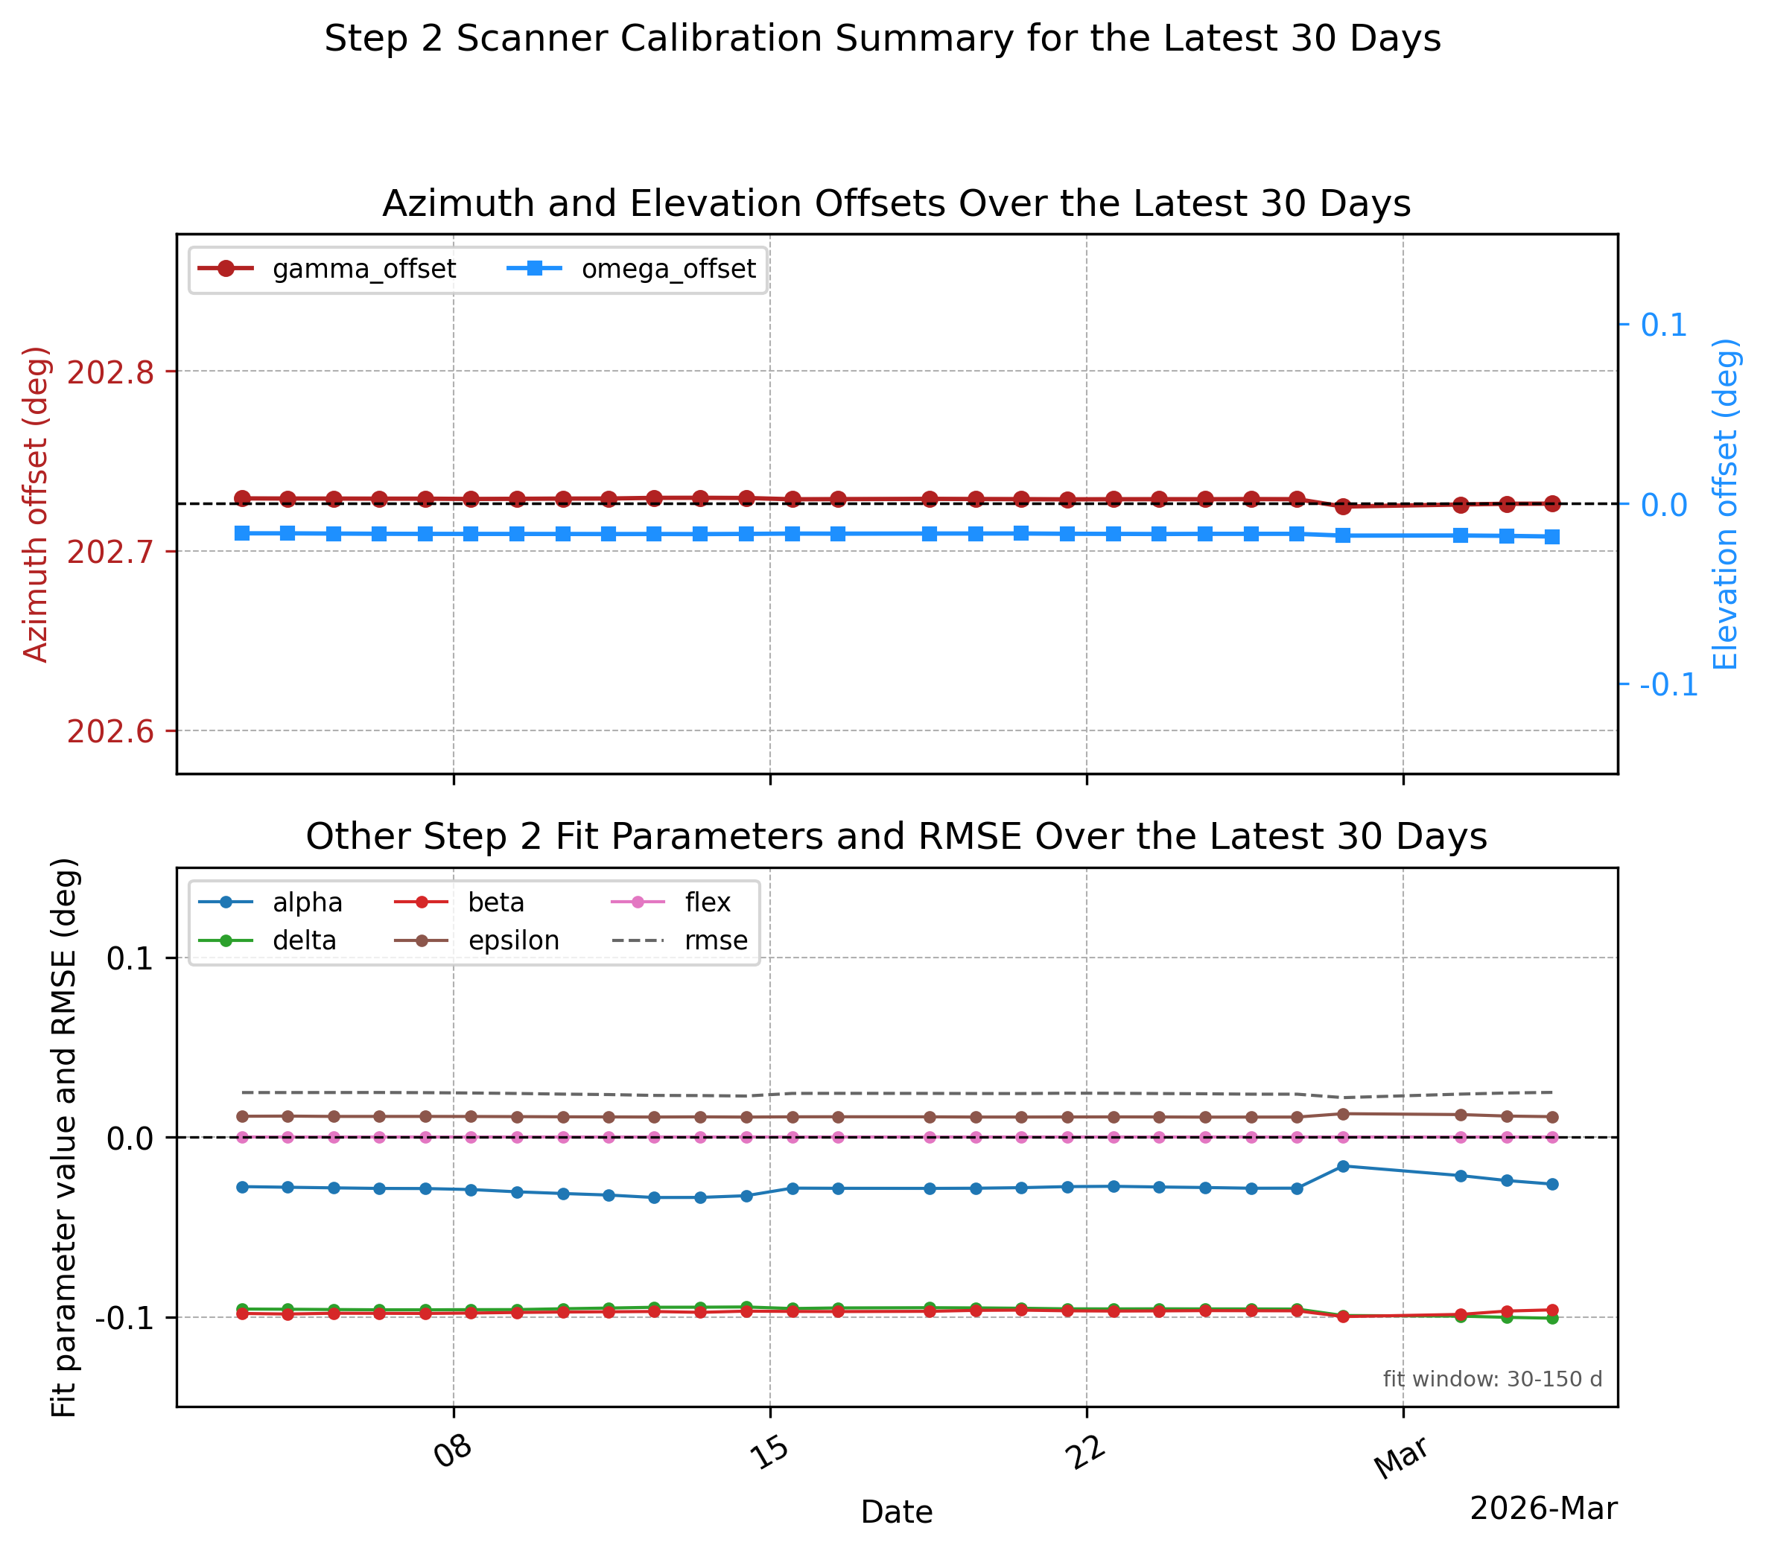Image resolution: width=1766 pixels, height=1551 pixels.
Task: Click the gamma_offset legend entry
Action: [326, 269]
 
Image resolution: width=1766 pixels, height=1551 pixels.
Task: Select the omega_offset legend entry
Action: [632, 269]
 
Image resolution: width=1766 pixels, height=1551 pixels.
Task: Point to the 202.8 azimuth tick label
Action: [110, 372]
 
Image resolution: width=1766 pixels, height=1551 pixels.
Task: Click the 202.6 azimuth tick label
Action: [110, 731]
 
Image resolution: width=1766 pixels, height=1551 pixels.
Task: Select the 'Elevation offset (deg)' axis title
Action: [1724, 503]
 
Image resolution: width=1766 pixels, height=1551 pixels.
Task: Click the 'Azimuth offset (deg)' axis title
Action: [36, 503]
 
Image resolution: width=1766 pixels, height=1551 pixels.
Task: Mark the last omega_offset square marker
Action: [1551, 537]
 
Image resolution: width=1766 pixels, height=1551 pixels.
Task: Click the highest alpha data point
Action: [1343, 1166]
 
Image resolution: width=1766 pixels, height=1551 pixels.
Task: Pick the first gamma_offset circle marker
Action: [242, 498]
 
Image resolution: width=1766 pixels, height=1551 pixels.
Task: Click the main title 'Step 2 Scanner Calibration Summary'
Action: [882, 39]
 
